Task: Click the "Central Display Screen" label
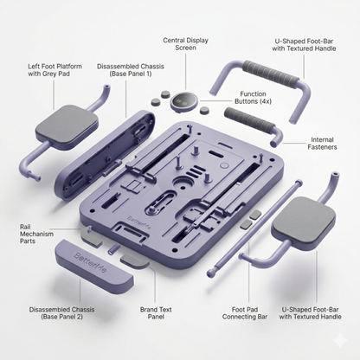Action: point(185,44)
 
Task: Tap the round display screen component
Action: point(184,101)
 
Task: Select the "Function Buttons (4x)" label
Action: point(253,98)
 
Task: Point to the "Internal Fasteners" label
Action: point(322,144)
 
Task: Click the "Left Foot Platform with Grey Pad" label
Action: point(55,70)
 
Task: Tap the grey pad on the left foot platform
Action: point(67,123)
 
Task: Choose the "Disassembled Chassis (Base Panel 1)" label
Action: point(131,70)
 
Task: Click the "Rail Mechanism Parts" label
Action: point(36,234)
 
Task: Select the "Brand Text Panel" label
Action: point(156,313)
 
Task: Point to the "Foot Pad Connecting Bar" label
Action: point(245,313)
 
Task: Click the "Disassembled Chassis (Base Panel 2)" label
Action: point(61,313)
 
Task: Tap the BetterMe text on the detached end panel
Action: point(90,262)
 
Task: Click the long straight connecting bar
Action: point(254,228)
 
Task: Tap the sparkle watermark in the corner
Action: point(340,339)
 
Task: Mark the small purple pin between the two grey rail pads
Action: point(113,249)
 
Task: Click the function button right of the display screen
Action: point(204,111)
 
